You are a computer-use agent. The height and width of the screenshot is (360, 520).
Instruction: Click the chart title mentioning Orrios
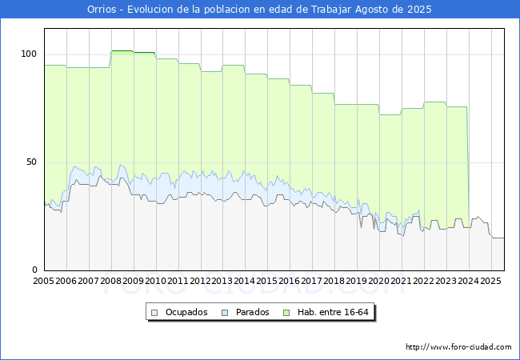[259, 10]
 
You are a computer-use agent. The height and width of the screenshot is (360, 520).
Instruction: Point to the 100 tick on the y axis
[29, 54]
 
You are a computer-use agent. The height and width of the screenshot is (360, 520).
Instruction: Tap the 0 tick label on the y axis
[34, 270]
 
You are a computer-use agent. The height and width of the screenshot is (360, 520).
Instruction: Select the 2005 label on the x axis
[43, 282]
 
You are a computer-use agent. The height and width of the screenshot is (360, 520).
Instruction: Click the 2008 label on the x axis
[110, 282]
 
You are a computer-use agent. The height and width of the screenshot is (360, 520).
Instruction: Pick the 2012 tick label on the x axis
[200, 282]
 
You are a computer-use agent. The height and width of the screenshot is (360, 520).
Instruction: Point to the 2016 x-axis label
[290, 282]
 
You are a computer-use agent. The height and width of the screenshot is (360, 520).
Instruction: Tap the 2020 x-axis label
[379, 282]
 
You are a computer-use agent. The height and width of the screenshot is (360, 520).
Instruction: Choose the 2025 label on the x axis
[490, 282]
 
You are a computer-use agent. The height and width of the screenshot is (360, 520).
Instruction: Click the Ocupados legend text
[186, 312]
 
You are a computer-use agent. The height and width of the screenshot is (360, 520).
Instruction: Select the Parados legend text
[253, 312]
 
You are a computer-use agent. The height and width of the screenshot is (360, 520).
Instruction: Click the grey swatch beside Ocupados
[156, 312]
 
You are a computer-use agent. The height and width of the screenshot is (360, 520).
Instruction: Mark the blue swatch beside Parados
[226, 312]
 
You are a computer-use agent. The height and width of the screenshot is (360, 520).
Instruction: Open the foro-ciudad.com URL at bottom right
[458, 347]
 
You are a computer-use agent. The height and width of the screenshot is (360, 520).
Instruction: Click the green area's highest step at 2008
[122, 51]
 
